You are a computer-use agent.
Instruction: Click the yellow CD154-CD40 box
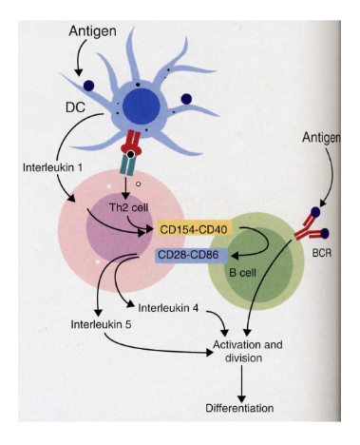click(x=196, y=229)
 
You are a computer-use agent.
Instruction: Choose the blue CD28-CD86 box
click(x=190, y=253)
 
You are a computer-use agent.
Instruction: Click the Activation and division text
click(x=248, y=353)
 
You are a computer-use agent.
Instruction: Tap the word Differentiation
click(x=239, y=408)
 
